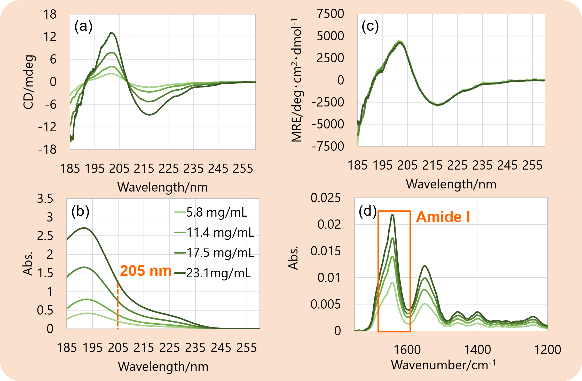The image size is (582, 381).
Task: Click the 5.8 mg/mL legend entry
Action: [211, 212]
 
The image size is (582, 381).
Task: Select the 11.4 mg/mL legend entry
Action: [214, 232]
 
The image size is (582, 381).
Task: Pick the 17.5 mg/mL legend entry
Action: [214, 253]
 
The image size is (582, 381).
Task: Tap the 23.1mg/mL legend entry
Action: [213, 273]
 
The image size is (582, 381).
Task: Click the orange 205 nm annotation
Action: [146, 271]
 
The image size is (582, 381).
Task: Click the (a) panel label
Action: [83, 26]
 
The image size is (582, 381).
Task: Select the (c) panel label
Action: [370, 26]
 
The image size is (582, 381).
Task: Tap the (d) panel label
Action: [368, 211]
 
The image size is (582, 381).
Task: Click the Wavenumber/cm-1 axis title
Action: [443, 365]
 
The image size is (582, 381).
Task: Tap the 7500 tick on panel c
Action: [331, 14]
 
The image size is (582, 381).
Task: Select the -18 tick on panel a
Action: [47, 150]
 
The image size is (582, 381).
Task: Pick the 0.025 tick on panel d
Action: [326, 198]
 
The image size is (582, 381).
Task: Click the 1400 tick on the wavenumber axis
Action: [477, 350]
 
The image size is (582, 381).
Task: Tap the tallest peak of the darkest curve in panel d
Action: [392, 215]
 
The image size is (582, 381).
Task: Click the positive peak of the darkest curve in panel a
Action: [112, 33]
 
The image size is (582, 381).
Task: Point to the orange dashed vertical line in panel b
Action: [118, 306]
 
